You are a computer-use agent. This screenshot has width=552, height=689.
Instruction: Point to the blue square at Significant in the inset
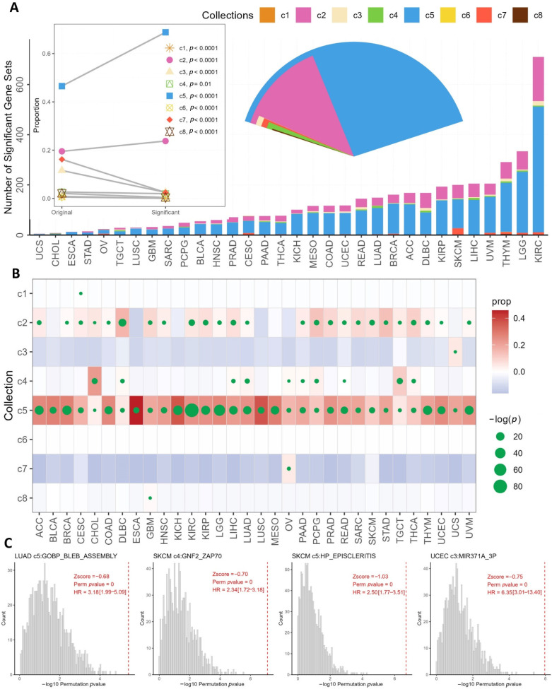[165, 33]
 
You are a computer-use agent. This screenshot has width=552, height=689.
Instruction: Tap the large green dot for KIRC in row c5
[192, 410]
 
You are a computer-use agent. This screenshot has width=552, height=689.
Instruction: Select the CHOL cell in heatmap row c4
[94, 381]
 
